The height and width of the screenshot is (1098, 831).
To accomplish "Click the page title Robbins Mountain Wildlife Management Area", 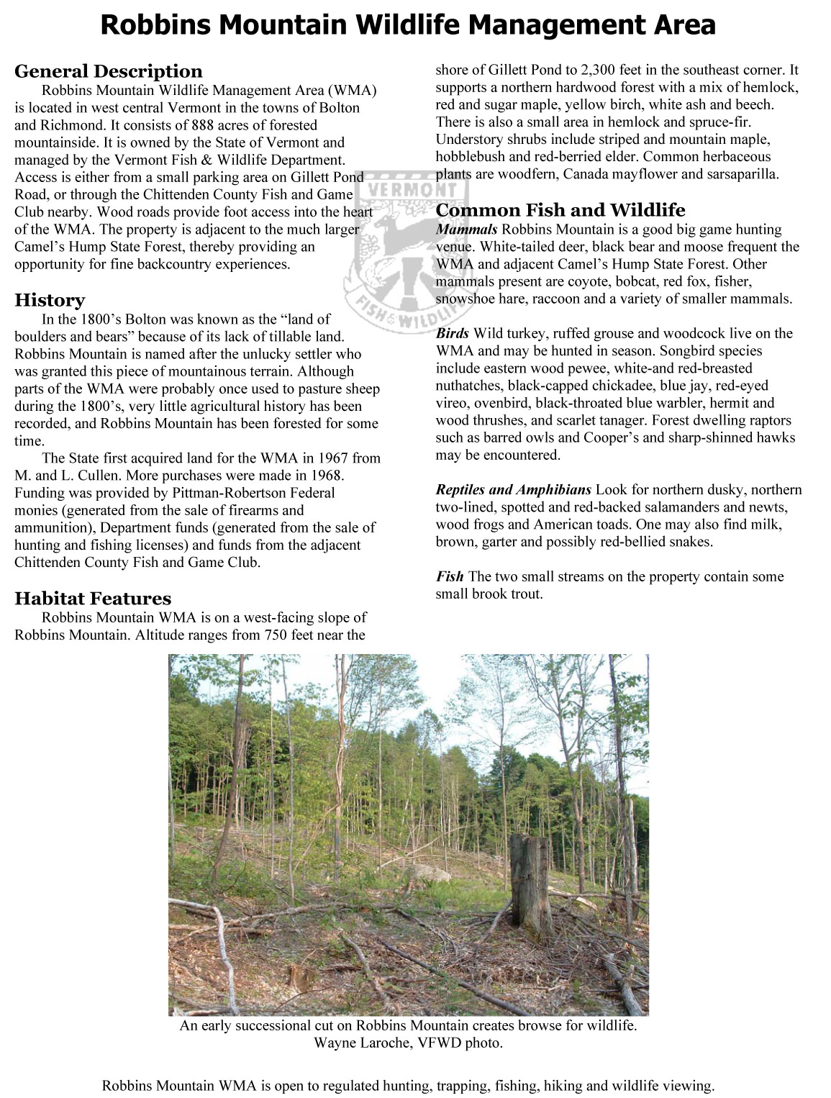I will click(x=408, y=25).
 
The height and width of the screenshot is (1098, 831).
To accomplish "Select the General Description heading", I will click(x=109, y=71).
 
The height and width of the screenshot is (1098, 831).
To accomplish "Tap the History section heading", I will click(x=50, y=300).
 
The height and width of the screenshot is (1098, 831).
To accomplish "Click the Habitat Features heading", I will click(x=93, y=599).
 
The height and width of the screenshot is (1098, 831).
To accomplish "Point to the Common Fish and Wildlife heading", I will click(x=560, y=210).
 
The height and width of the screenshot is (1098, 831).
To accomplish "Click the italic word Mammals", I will click(x=466, y=230).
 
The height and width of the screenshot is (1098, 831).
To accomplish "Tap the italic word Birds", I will click(x=453, y=333).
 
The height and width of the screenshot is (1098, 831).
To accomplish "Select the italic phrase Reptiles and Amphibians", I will click(x=513, y=490).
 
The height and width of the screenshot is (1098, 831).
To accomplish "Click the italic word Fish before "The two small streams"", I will click(x=449, y=576).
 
